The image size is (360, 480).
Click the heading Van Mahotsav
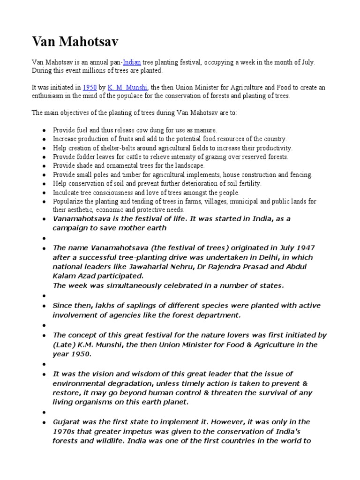coord(75,43)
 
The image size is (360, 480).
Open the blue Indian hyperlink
coord(132,62)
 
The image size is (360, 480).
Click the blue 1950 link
coord(90,87)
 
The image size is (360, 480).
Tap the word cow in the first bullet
coord(138,130)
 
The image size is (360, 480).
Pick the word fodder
coord(83,157)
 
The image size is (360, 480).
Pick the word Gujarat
coord(68,422)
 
